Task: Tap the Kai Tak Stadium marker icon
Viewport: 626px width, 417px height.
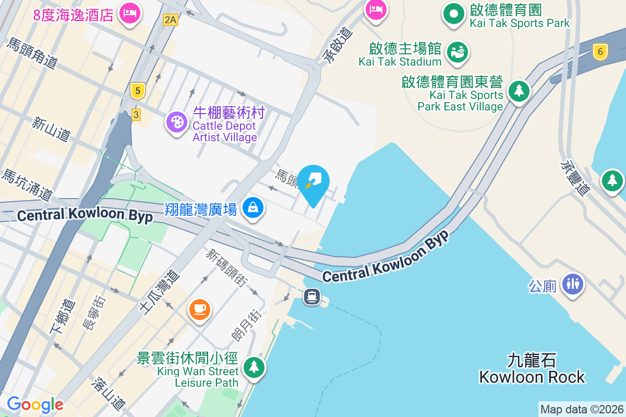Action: tap(458, 52)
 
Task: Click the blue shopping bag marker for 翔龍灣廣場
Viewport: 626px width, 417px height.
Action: tap(253, 207)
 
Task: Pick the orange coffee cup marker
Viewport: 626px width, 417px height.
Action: tap(200, 310)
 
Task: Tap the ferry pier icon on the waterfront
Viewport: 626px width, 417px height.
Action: tap(312, 297)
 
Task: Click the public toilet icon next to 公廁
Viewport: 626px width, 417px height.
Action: tap(573, 284)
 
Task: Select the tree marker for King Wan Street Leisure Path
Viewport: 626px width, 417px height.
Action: tap(254, 367)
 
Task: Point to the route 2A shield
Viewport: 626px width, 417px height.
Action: tap(171, 20)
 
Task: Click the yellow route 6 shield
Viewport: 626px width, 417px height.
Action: tap(600, 51)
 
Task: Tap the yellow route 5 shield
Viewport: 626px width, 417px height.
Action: tap(137, 91)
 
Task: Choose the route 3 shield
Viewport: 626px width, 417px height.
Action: tap(136, 114)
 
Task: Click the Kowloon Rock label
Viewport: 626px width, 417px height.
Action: tap(532, 369)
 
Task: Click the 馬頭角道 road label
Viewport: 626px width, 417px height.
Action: tap(31, 53)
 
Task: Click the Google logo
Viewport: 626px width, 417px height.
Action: tap(35, 404)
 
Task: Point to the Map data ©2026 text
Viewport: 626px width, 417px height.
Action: tap(582, 409)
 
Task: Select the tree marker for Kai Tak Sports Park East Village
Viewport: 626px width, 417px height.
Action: tap(519, 91)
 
